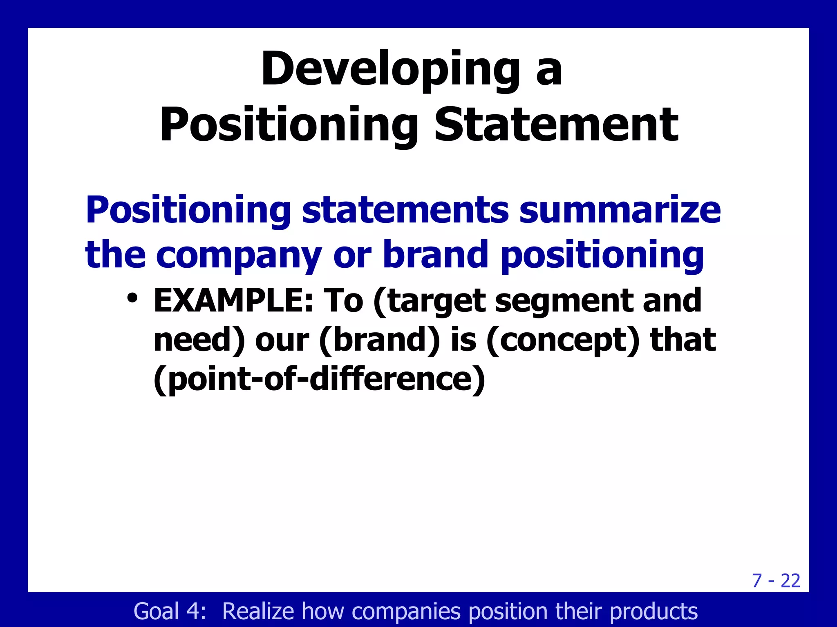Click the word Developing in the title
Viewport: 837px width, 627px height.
pos(390,69)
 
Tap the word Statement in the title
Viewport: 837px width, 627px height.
pos(556,125)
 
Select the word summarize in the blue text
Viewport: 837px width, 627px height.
pos(620,210)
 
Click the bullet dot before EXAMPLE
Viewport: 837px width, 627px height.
pos(132,298)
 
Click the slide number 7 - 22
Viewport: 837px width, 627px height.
pos(776,580)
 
